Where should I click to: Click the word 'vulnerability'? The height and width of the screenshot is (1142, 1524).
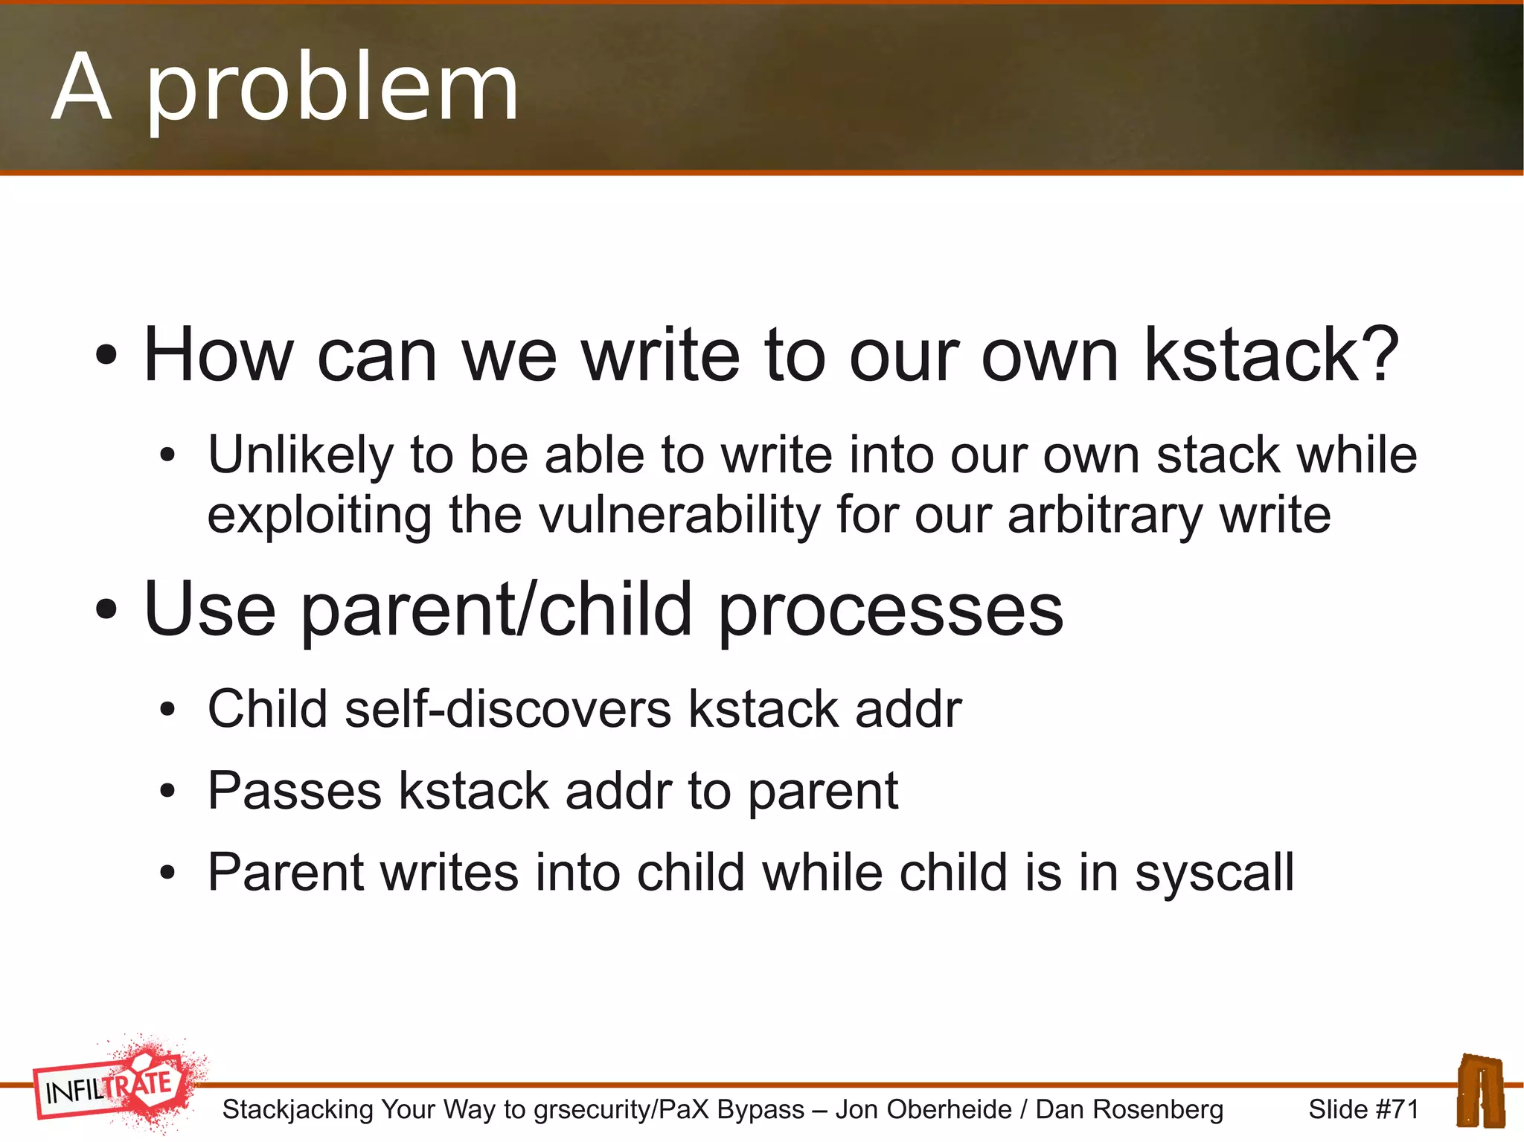pos(679,515)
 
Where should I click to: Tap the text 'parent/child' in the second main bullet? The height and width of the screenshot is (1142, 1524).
pos(496,610)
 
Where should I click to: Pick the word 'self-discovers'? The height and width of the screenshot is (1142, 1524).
pos(508,708)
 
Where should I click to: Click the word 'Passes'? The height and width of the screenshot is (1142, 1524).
pos(294,790)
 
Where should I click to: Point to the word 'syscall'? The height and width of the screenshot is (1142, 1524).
pos(1214,872)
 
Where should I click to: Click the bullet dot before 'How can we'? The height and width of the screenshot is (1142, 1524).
pos(106,356)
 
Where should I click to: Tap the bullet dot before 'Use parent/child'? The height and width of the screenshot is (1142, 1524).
pos(106,610)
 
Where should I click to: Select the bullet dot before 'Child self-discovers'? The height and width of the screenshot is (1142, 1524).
pos(167,710)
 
